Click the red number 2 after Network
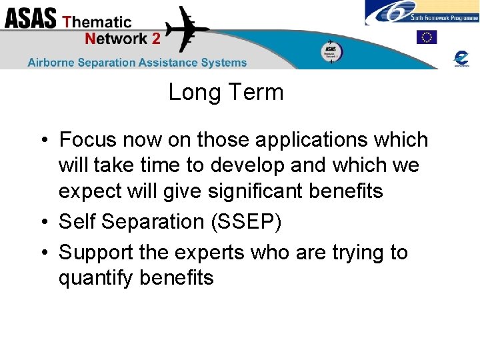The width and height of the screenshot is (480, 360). tap(156, 39)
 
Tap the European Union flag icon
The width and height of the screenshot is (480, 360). tap(426, 37)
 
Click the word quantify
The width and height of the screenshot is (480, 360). tap(97, 278)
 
